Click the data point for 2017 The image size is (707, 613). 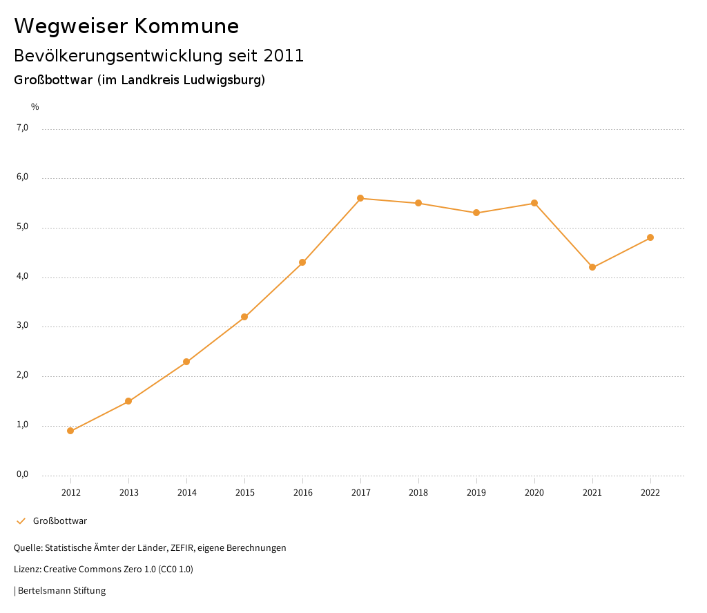pos(360,198)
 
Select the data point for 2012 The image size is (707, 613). pos(70,431)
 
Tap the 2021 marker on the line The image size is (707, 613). pos(592,267)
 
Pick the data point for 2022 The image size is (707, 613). pos(650,237)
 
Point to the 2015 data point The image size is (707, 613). pos(244,317)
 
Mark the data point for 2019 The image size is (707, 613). pos(476,213)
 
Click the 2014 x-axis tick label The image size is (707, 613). pos(186,493)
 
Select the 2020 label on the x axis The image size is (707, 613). pos(534,493)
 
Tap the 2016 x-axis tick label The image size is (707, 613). pos(302,493)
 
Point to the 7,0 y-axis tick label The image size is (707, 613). pos(22,128)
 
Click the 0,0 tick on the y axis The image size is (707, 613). pos(22,474)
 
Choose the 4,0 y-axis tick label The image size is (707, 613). pos(22,276)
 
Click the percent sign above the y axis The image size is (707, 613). pos(35,107)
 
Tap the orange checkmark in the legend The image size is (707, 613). pos(21,521)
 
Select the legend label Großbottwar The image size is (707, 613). pos(60,521)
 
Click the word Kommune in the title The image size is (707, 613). pos(186,26)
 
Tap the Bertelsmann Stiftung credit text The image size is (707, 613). pos(61,591)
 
